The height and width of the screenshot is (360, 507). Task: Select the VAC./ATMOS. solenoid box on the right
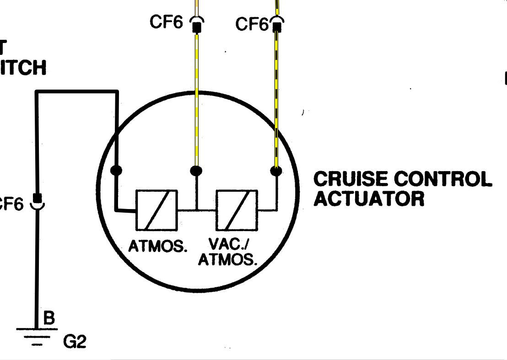[x=237, y=210]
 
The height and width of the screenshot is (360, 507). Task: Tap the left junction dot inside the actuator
[x=117, y=171]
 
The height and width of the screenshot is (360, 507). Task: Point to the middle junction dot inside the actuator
[x=196, y=171]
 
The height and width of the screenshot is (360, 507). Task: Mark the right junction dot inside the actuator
[x=276, y=171]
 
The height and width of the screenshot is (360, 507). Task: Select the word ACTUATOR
[x=369, y=199]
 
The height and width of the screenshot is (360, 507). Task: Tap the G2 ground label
[x=75, y=342]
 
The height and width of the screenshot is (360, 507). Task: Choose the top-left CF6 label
[x=166, y=22]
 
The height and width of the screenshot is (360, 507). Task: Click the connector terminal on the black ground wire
[x=37, y=200]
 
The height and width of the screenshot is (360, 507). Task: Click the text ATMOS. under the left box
[x=158, y=246]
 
